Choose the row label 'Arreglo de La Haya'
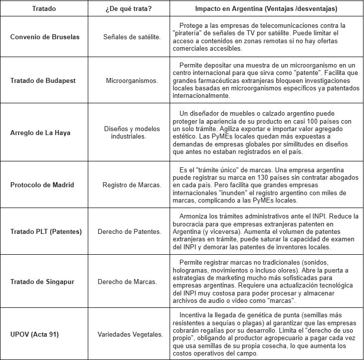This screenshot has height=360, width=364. [40, 132]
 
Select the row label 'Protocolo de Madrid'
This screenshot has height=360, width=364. [42, 185]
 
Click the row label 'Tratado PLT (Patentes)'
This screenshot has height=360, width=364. [46, 232]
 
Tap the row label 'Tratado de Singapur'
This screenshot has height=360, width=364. [42, 282]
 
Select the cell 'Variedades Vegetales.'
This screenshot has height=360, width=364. [132, 334]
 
